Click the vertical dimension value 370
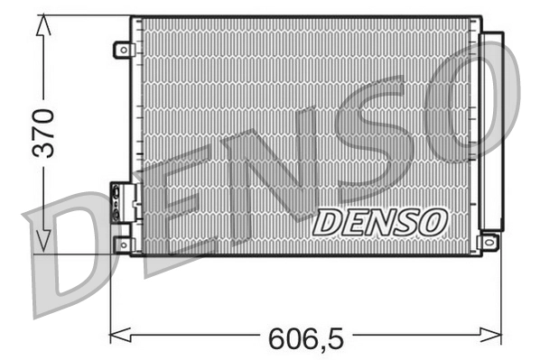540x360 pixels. coord(42,132)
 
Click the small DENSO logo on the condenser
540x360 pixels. coord(379,221)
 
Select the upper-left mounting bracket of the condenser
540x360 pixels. coord(122,51)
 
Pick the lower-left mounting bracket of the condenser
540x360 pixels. coord(122,244)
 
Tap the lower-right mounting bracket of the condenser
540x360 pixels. coord(489,242)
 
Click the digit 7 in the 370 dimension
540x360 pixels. coord(42,132)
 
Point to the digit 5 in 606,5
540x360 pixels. coord(333,338)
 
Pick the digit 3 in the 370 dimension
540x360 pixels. coord(42,149)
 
